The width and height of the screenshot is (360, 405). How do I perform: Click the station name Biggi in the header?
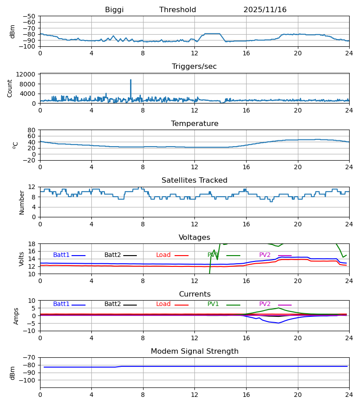pos(114,10)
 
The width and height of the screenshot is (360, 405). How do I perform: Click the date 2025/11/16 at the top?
pos(265,10)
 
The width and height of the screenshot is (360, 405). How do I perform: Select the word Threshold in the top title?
pos(178,10)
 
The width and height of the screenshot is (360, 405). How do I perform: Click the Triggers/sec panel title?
pos(194,67)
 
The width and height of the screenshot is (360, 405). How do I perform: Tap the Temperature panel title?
pos(194,124)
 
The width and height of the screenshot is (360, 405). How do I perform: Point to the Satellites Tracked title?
pos(194,180)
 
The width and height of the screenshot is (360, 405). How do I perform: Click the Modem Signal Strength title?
pos(194,351)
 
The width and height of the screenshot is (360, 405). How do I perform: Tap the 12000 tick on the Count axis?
pos(28,74)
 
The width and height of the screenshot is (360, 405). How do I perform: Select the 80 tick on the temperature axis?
pos(32,130)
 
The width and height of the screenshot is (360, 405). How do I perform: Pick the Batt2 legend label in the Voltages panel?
pos(112,255)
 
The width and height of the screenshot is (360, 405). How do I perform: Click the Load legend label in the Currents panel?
pos(163,304)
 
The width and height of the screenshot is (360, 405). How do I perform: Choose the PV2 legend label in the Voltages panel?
pos(265,255)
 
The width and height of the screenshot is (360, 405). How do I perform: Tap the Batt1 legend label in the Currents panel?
pos(61,304)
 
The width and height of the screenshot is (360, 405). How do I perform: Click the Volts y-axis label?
pos(22,259)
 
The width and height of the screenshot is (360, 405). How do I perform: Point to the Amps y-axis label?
pos(17,316)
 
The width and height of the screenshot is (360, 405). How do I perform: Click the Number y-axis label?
pos(22,202)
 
